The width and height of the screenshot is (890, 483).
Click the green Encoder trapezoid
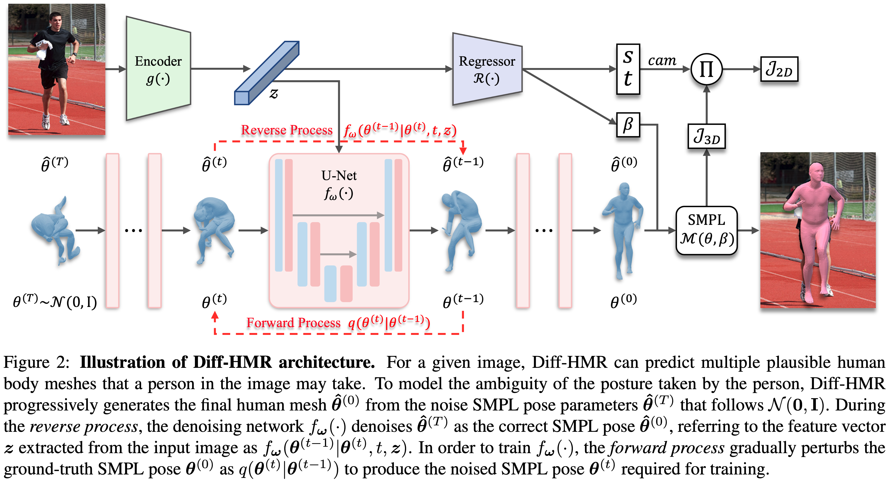[158, 69]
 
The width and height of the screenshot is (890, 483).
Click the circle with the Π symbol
[706, 69]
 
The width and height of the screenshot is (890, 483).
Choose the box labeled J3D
[706, 136]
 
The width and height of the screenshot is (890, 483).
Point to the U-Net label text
[339, 176]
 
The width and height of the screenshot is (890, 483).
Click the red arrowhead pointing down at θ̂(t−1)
[463, 151]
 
